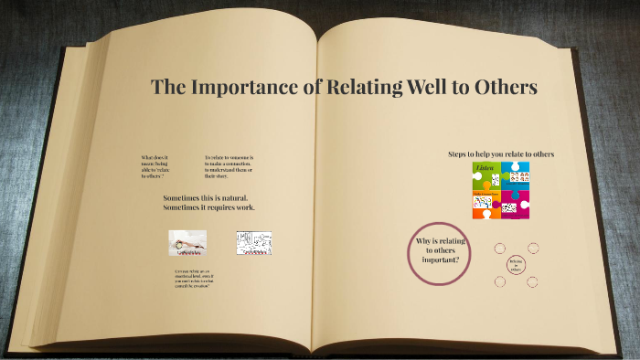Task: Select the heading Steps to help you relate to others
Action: [501, 154]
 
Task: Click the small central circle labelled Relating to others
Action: [516, 264]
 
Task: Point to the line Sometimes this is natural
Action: [206, 198]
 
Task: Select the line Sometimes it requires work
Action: [209, 207]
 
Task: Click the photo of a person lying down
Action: [187, 241]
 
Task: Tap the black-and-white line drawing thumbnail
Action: [254, 242]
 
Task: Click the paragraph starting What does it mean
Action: [156, 166]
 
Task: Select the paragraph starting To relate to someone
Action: [229, 166]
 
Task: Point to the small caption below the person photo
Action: [197, 280]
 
